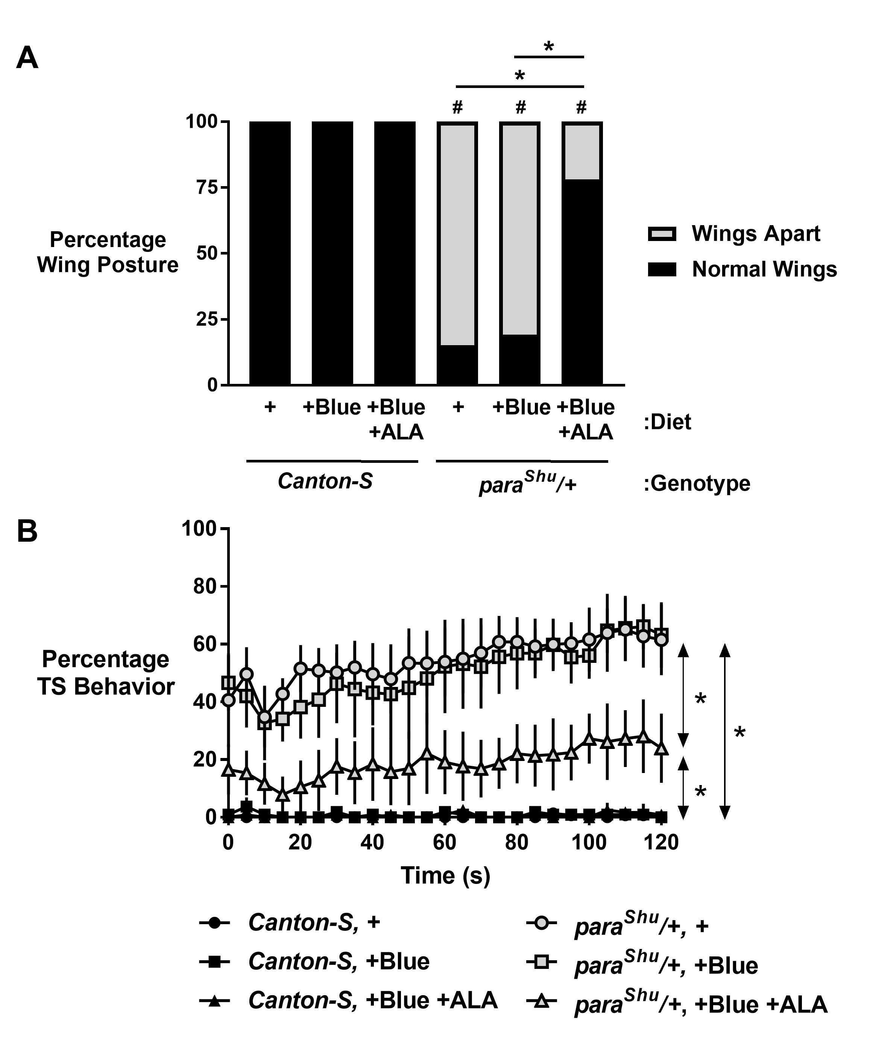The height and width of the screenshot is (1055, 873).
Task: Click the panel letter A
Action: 27,58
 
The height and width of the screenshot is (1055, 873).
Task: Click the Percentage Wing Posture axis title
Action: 108,252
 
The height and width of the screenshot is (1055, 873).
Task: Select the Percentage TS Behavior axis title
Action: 106,673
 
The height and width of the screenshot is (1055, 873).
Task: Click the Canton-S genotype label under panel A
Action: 325,481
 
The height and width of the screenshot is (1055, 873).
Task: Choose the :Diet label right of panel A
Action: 667,422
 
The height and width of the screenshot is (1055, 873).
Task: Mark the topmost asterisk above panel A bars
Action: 548,48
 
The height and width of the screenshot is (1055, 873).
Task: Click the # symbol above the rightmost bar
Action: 581,107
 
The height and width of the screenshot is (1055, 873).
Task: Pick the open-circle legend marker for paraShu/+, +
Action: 541,923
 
